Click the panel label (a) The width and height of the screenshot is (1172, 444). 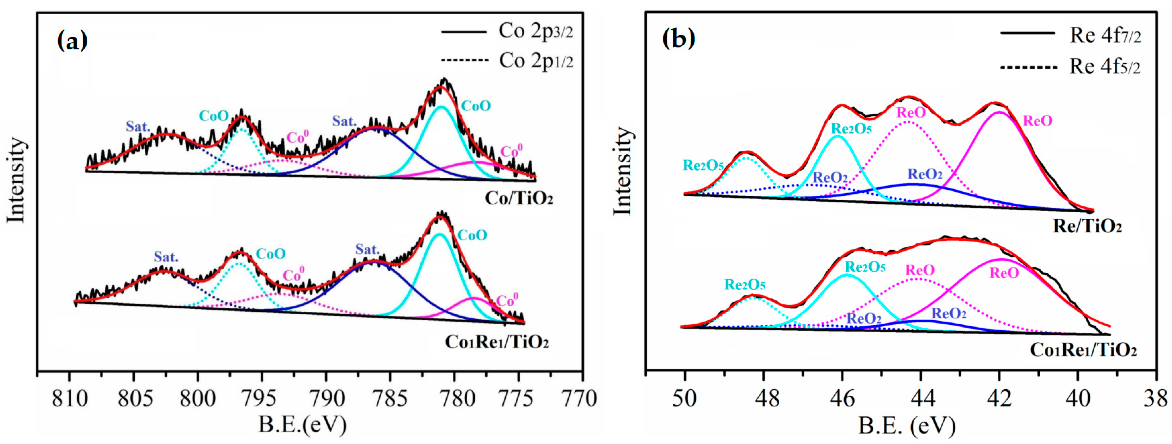tap(72, 41)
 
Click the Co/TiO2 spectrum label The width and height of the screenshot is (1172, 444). tap(519, 198)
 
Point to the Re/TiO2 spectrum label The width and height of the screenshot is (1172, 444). tap(1087, 226)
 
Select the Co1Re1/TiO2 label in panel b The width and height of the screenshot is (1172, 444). tap(1083, 350)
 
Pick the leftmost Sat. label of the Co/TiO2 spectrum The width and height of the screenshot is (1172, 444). tap(138, 126)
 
